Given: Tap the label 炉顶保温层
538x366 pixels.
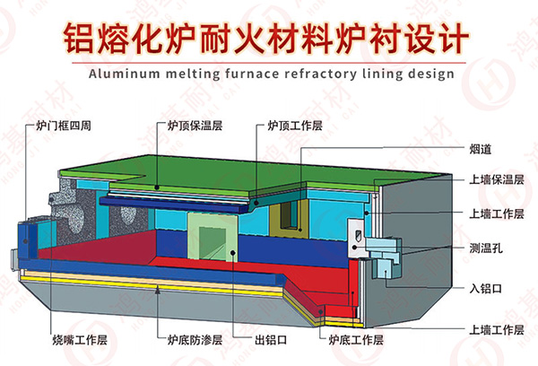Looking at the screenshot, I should (x=192, y=127).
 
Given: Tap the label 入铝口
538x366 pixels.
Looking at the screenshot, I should (x=486, y=288).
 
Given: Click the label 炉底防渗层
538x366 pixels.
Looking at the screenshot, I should (x=193, y=340).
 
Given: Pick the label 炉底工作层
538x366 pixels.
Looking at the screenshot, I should (x=356, y=340).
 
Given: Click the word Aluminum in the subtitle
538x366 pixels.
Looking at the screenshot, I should (x=122, y=72).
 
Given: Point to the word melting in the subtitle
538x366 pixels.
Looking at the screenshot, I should (x=186, y=72).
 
